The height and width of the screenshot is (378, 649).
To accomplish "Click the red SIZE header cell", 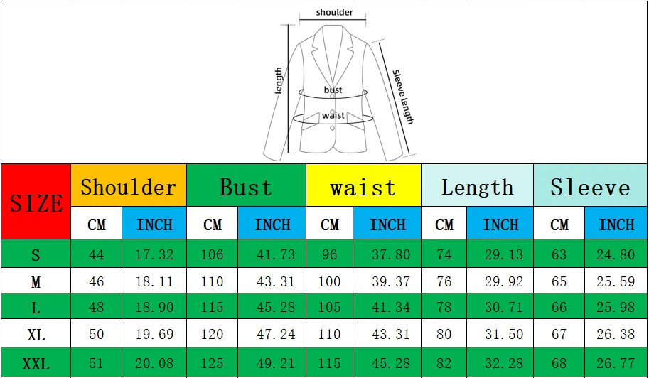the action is tap(36, 202).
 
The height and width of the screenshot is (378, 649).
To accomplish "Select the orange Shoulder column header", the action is tap(129, 185).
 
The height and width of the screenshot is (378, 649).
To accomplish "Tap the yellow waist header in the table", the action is tap(363, 185).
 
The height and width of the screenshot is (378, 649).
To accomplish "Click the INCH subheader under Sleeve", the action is tap(616, 224).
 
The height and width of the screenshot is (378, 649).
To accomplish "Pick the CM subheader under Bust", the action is tap(213, 224).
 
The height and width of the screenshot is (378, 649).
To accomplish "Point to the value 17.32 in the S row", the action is tap(154, 254).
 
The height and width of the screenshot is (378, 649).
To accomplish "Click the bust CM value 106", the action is tap(212, 254).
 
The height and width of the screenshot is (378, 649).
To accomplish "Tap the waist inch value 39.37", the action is tap(391, 281).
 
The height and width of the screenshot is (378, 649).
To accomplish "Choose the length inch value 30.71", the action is tap(504, 307).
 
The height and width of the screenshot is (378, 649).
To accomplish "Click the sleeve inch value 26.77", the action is tap(616, 364).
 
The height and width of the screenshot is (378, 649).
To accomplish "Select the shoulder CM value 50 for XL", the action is tap(97, 334).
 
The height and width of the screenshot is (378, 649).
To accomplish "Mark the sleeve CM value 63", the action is tap(559, 254).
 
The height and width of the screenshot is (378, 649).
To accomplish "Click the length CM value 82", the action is tap(444, 364).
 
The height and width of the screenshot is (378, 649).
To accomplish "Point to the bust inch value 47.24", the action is tap(276, 334).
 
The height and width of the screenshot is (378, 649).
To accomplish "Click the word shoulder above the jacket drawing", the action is tap(334, 12).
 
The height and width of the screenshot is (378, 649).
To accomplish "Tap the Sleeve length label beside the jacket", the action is tap(403, 97).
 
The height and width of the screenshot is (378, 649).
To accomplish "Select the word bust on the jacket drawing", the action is tap(333, 90).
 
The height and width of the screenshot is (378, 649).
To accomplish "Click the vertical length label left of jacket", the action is tap(279, 80).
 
